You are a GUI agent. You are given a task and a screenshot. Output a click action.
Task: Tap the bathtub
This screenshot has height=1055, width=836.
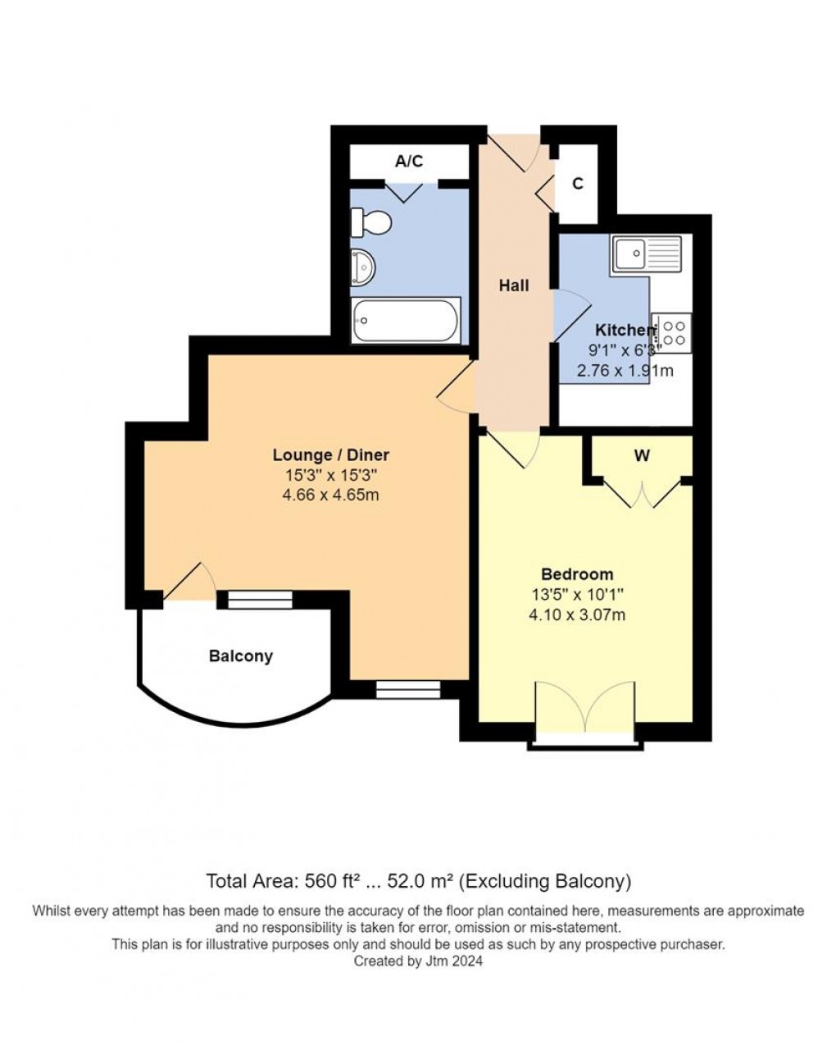pos(406,320)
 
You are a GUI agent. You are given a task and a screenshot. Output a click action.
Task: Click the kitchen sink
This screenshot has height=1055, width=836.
pos(646,253)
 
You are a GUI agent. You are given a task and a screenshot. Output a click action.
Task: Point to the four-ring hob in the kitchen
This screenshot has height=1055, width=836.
pos(673,332)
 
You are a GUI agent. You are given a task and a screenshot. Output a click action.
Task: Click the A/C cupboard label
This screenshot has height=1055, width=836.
pos(409,162)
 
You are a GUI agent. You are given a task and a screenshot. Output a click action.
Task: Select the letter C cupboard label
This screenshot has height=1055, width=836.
pos(578,185)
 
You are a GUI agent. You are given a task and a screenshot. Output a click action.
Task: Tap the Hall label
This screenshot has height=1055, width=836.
pos(514,285)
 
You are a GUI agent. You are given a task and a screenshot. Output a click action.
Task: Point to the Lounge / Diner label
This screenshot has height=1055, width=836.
pos(330,455)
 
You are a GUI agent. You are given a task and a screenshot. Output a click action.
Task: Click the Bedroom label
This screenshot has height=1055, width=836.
pos(577,574)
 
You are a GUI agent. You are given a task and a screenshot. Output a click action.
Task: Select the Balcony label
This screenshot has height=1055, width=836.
pos(240,656)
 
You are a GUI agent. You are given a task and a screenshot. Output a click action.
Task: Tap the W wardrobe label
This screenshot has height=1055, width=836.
pos(642,456)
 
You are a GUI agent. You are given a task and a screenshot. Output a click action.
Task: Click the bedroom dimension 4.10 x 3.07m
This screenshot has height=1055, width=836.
pos(577,614)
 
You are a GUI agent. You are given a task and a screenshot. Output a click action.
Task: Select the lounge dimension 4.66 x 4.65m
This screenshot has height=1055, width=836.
pos(330,495)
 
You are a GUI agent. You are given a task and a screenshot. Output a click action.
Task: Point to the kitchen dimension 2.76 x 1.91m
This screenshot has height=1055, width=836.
pos(625,370)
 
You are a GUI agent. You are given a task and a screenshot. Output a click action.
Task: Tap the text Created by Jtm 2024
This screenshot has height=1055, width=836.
pos(418,961)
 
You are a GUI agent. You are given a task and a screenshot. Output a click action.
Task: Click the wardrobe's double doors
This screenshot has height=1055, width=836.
pos(643,492)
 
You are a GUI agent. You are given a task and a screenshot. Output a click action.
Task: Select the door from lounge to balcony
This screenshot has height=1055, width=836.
pos(189,582)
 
